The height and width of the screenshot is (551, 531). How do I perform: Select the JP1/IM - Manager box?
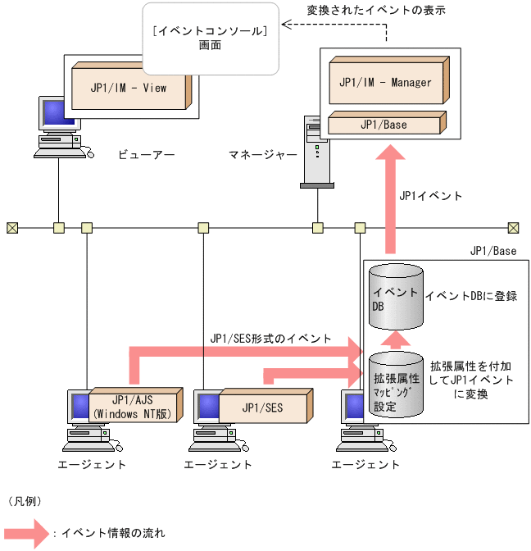tap(385, 82)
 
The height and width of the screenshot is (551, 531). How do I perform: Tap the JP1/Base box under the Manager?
tap(383, 125)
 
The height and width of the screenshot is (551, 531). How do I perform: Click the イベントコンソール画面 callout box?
tap(210, 38)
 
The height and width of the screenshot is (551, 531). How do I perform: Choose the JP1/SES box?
tap(262, 407)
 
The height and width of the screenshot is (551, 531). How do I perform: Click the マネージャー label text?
tap(262, 154)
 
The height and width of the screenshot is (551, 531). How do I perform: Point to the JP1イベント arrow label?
tap(431, 196)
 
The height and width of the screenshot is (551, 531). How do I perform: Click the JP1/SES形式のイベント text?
tap(270, 337)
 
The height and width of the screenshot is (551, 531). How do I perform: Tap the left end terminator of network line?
tap(11, 227)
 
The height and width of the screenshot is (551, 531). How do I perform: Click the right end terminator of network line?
tap(513, 227)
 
